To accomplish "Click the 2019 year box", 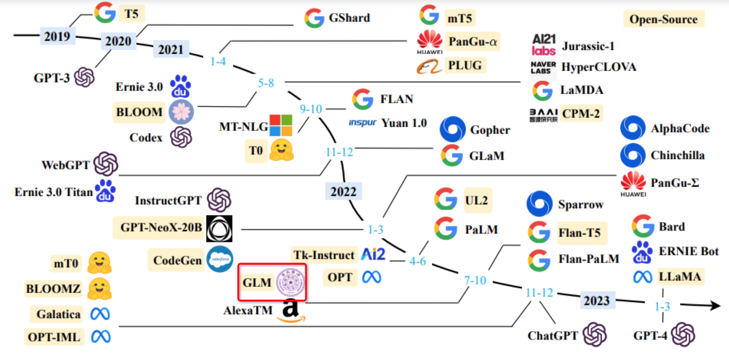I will tap(57, 36).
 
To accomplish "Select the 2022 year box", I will tap(343, 191).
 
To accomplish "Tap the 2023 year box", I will tap(596, 300).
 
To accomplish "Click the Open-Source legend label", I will tap(663, 19).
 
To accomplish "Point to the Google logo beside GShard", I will tap(314, 18).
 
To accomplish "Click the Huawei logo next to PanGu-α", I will tap(429, 42).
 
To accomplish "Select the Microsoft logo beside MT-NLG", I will tap(281, 125).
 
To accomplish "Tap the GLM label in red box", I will tap(257, 282).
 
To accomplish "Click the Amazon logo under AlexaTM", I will tap(290, 310).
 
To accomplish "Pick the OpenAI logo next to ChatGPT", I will tap(594, 334).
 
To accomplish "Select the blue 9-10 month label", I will tap(311, 109).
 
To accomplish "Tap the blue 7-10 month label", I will tap(475, 280).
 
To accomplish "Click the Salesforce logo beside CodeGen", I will tap(220, 259).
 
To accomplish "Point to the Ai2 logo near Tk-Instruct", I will tap(373, 254).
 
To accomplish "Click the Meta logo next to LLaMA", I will tap(642, 277).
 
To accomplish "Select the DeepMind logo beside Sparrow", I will tap(539, 204).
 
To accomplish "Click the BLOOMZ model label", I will tap(53, 289).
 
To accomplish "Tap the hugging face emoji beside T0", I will tap(281, 150).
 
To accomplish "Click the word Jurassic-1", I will tap(588, 46).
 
